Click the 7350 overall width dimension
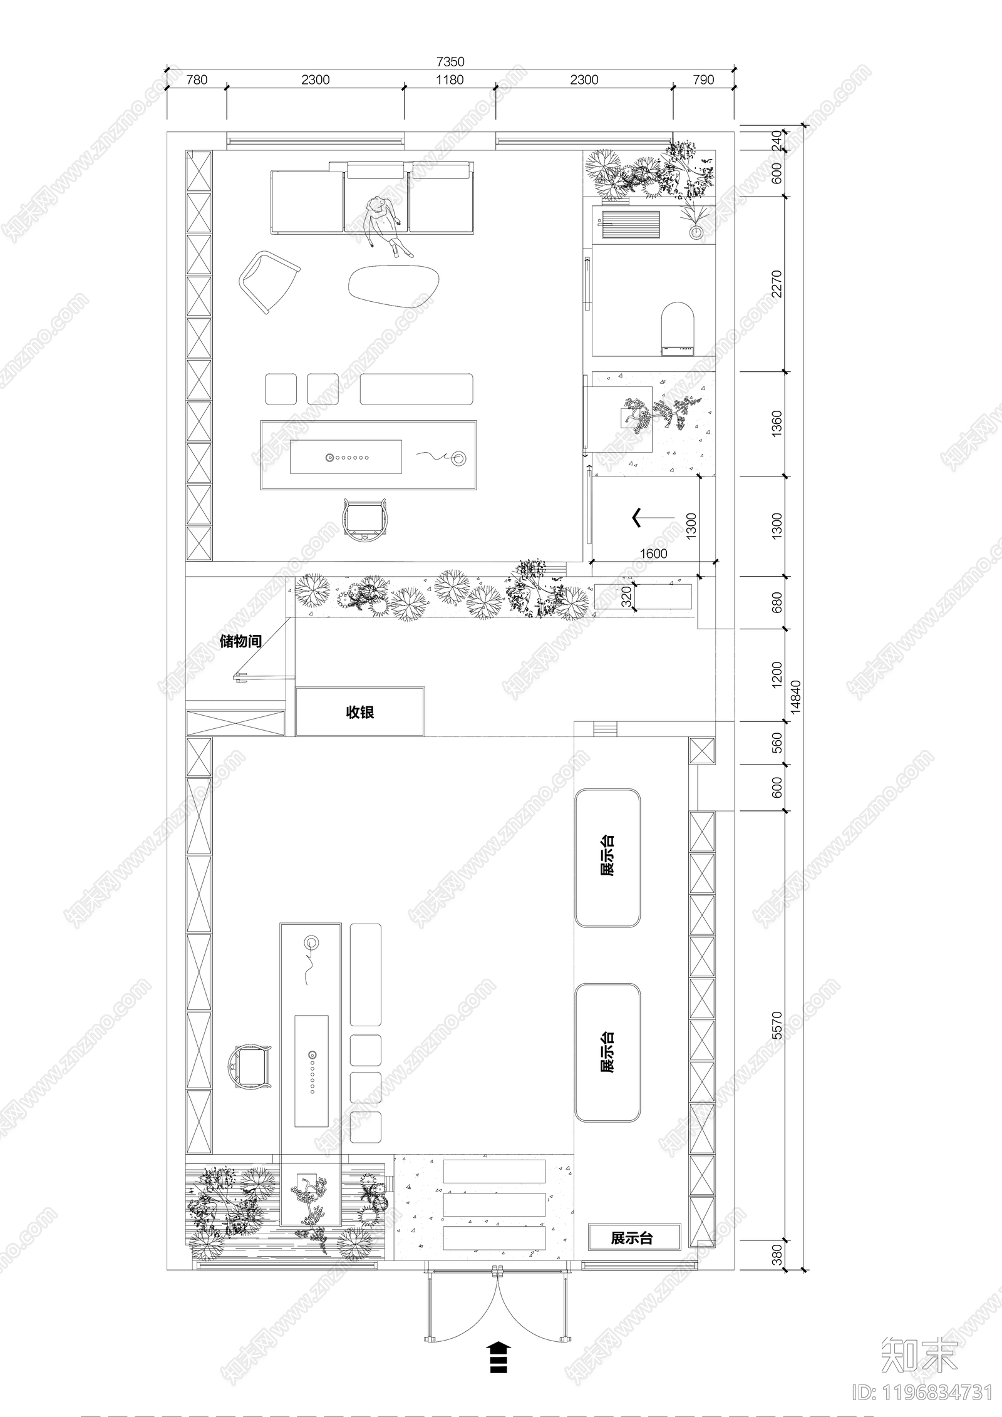click(x=450, y=61)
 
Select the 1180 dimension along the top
click(x=450, y=80)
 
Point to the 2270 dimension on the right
click(x=777, y=284)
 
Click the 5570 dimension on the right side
click(x=777, y=1025)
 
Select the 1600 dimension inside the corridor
click(x=653, y=554)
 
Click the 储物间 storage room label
click(x=240, y=641)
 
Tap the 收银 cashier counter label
click(x=360, y=712)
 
